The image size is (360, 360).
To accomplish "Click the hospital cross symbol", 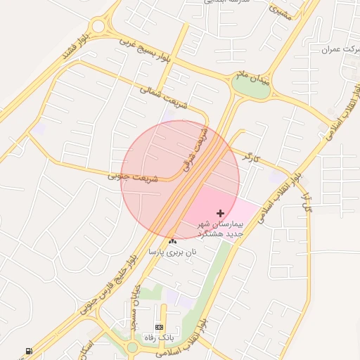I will (x=220, y=212).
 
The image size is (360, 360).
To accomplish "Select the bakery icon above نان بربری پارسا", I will (x=172, y=241).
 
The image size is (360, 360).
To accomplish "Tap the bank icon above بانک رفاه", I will (x=159, y=328).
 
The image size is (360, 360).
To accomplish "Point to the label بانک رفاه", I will (x=159, y=338).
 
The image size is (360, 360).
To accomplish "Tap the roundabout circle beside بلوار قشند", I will (x=98, y=26).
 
